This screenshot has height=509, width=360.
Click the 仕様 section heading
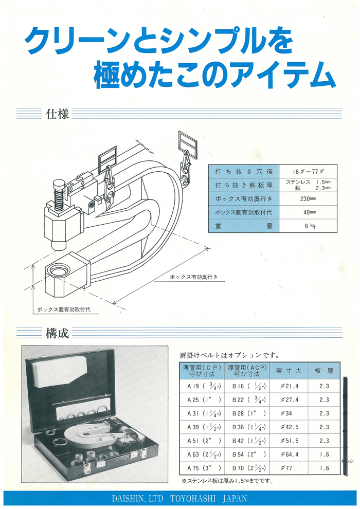(57, 113)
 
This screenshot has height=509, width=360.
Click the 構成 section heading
(57, 333)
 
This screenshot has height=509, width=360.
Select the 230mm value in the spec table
(308, 198)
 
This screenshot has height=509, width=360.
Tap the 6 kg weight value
(308, 225)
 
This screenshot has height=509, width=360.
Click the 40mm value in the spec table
(308, 212)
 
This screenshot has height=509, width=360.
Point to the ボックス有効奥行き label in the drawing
(193, 277)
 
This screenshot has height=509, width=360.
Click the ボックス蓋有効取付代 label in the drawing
(64, 310)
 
